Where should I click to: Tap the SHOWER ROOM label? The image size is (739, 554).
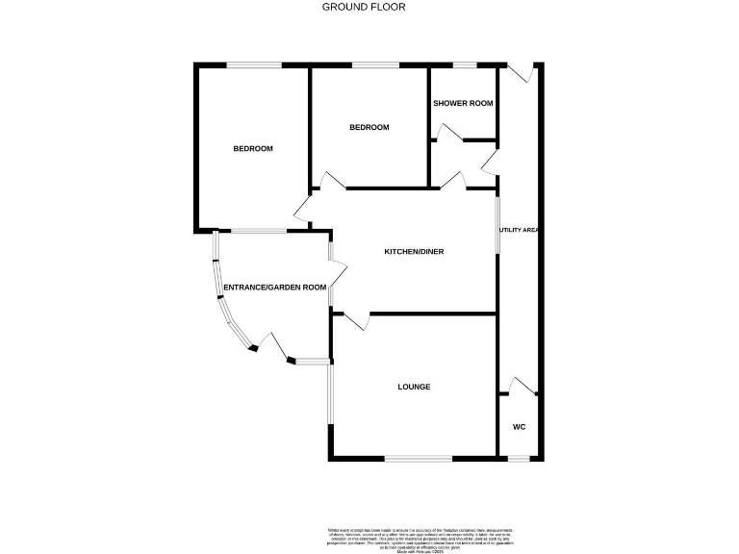coord(463,103)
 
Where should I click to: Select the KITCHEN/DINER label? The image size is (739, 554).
coord(414,252)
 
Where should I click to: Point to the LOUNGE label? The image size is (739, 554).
coord(414,387)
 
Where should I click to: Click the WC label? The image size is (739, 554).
coord(519,427)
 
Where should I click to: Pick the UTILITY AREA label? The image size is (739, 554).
coord(519,231)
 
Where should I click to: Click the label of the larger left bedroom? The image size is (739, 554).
coord(253,148)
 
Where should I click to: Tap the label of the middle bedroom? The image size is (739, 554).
coord(369,127)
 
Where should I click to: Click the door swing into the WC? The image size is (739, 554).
coord(522,386)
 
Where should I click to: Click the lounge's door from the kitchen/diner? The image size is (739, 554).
coord(355,322)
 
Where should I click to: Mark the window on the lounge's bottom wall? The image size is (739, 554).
coord(418,458)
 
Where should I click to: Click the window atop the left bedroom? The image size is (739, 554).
coord(254,65)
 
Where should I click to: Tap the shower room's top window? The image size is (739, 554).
coord(466,65)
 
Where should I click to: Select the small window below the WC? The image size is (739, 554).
coord(519,458)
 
